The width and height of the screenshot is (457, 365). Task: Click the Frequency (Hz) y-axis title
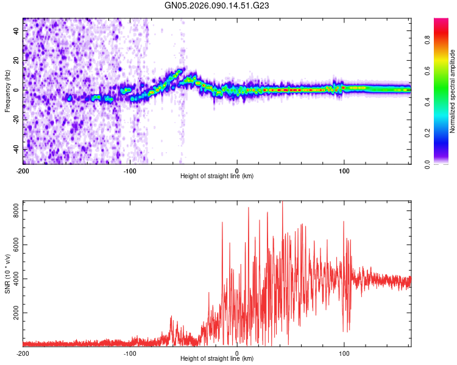7,90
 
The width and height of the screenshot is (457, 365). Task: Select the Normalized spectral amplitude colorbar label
453,91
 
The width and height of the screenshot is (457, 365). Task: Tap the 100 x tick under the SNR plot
344,353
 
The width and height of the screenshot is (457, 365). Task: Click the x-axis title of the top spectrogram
216,176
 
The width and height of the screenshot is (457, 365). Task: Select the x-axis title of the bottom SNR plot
216,359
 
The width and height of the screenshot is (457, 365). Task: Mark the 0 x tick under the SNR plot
237,353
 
